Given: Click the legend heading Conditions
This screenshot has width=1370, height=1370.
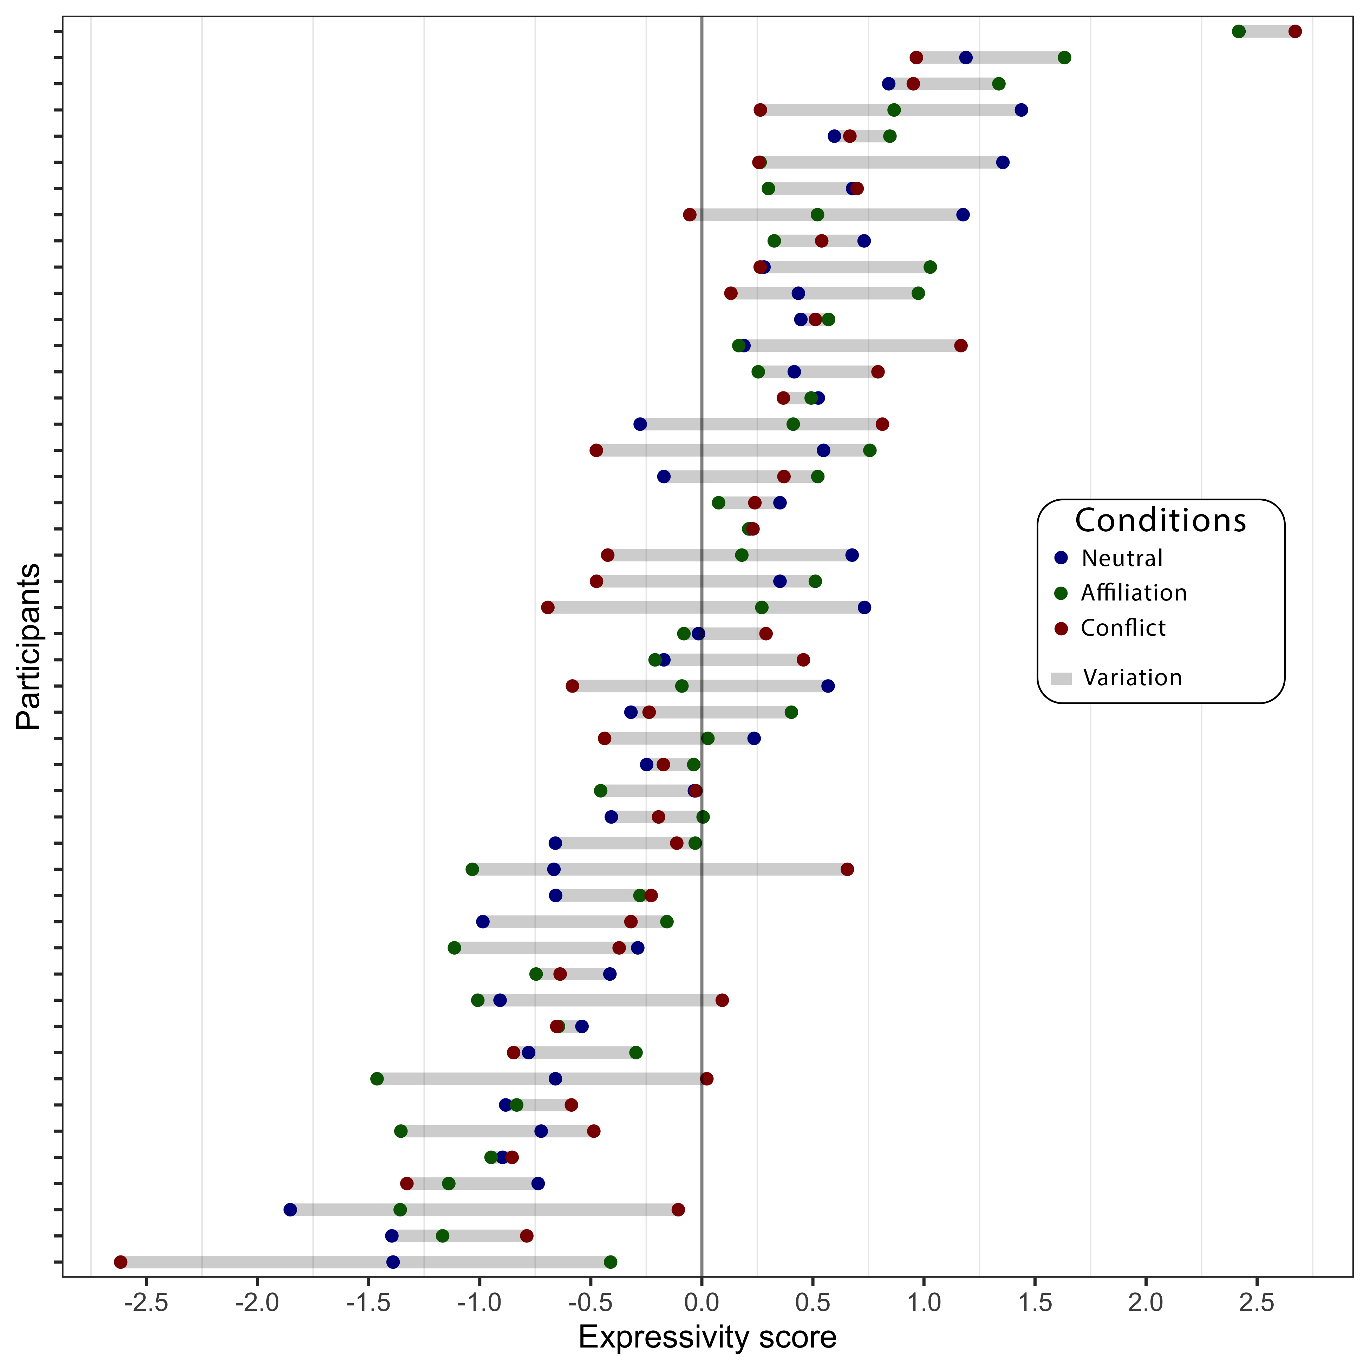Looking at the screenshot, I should coord(1160,520).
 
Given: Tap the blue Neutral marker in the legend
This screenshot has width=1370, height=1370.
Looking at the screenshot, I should coord(1061,558).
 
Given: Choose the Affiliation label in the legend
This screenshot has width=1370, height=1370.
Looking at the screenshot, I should coord(1133,593).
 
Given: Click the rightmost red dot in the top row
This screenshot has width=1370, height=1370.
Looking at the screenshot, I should coord(1295,31).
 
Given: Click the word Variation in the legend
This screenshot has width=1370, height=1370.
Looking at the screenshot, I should coord(1133,678).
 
